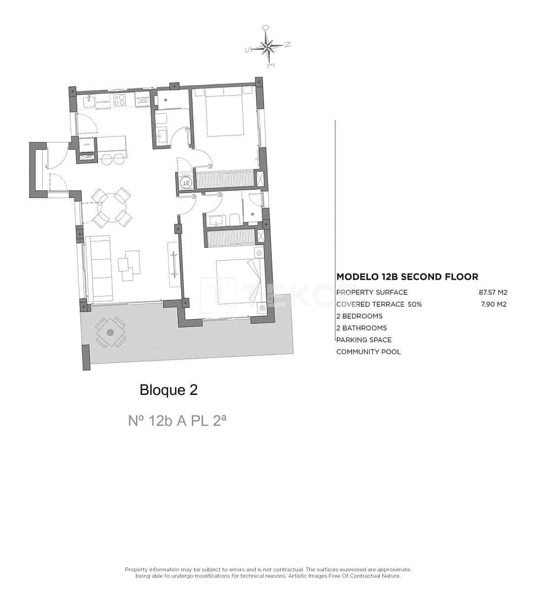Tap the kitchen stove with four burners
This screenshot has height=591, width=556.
[120, 100]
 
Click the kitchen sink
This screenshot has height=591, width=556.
[90, 101]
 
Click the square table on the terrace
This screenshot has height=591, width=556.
[110, 333]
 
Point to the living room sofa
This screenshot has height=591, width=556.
[100, 268]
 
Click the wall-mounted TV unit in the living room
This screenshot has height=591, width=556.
[173, 264]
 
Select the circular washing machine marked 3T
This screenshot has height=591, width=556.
[186, 183]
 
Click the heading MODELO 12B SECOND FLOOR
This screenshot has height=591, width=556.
[407, 277]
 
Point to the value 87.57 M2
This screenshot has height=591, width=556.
[492, 292]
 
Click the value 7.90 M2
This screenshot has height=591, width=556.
[493, 304]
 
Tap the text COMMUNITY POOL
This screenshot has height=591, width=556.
[368, 352]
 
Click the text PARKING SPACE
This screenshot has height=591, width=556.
[364, 340]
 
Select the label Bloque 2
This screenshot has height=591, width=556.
[168, 390]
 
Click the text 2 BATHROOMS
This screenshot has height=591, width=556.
[361, 328]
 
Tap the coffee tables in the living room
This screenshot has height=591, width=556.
[130, 263]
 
